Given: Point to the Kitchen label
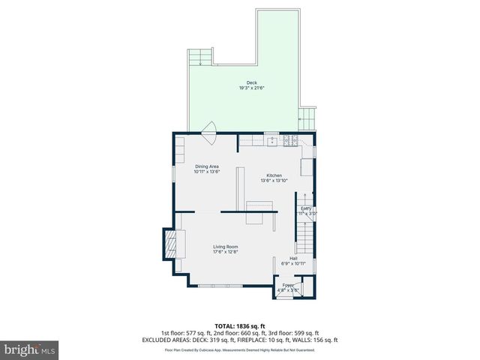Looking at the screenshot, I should (x=274, y=175).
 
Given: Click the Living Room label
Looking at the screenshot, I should (x=225, y=246).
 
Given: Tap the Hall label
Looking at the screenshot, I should (x=293, y=258).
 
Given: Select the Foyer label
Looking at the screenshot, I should (x=289, y=285).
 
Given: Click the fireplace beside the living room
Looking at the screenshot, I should (x=175, y=244).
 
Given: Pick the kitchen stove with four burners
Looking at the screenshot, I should (x=289, y=139).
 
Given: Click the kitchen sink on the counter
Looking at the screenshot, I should (x=271, y=139).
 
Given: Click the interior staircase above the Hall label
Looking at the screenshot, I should (x=304, y=239).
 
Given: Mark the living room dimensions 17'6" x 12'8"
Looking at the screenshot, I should (x=225, y=252).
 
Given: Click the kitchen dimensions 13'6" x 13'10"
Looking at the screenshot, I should (x=274, y=181).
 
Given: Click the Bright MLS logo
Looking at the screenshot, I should (x=30, y=349).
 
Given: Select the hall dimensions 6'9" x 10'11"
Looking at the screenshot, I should (x=293, y=264).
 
